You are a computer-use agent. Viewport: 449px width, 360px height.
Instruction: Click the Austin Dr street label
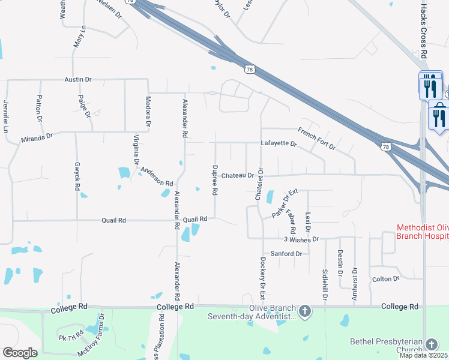pos(78,79)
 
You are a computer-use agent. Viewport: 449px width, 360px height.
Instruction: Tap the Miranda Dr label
pos(37,137)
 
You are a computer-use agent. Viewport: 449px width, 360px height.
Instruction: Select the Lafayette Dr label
pos(279,144)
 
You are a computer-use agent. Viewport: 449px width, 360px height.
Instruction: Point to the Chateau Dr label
pos(238,175)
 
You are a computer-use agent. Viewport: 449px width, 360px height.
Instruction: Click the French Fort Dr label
pos(317,139)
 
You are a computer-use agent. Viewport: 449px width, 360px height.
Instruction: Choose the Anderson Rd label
pos(157,176)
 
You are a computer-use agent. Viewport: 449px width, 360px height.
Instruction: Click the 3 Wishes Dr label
pos(301,239)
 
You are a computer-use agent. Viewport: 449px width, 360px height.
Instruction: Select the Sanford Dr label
pos(286,254)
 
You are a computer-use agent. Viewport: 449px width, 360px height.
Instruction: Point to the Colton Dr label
pos(386,279)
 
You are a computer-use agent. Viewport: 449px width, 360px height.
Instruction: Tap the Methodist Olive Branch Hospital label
pos(422,232)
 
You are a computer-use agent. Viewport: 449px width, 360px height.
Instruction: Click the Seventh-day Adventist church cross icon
pos(305,311)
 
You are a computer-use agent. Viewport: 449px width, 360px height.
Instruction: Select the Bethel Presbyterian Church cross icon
pos(431,344)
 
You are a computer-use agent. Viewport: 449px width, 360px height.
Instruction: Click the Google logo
pos(20,353)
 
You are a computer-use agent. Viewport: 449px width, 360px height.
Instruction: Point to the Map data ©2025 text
pos(423,355)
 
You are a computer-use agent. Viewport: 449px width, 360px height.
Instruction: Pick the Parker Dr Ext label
pos(285,203)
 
